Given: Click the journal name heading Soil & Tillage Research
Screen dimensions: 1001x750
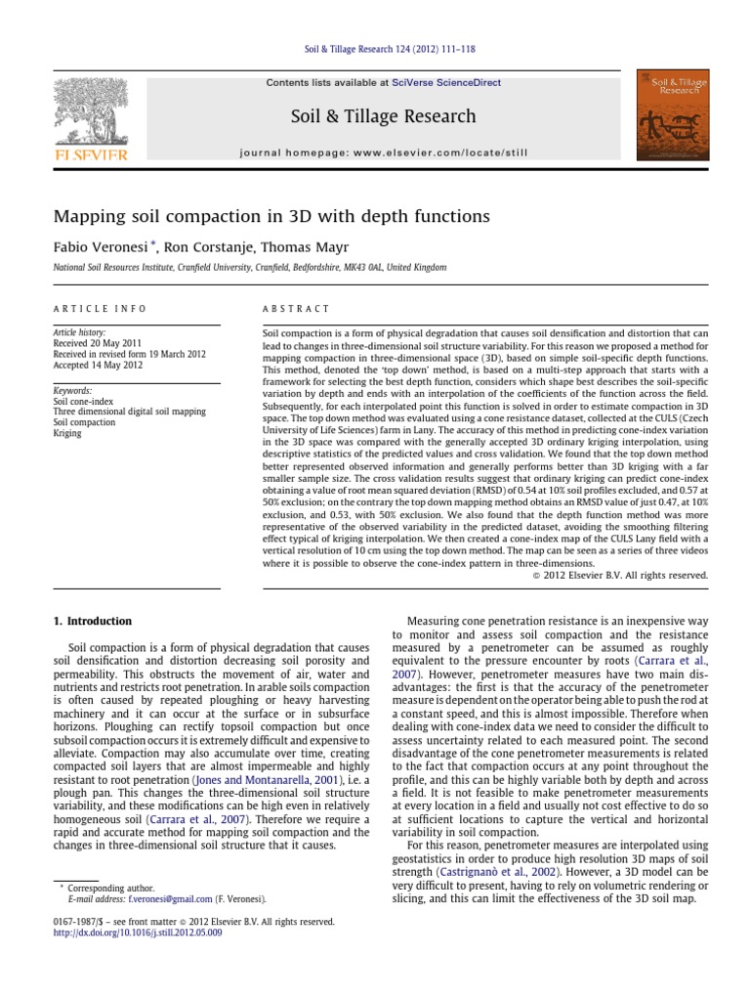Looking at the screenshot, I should point(375,117).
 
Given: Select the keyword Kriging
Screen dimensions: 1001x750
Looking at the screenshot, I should point(67,432).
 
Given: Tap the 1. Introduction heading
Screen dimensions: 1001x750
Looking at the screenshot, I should point(91,622).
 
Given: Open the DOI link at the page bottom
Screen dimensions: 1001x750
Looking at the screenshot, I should point(137,934).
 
